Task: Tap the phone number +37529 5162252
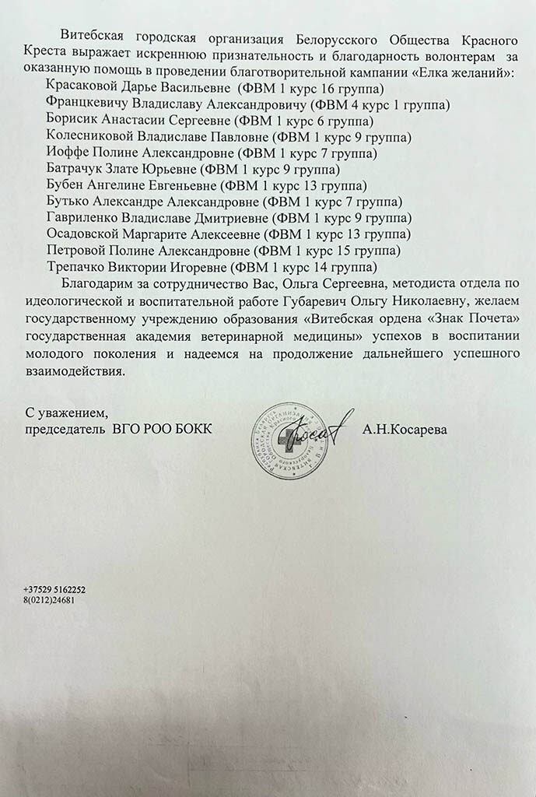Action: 54,590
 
